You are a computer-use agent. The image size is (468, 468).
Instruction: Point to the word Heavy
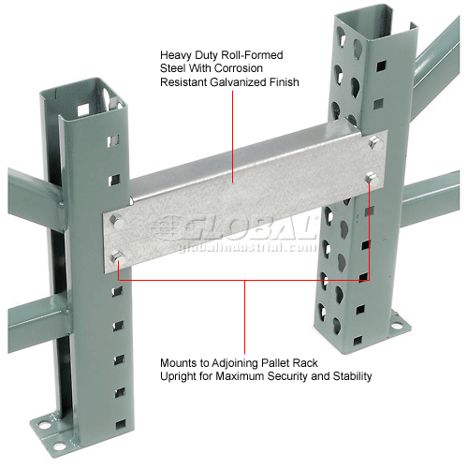click(x=175, y=54)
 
